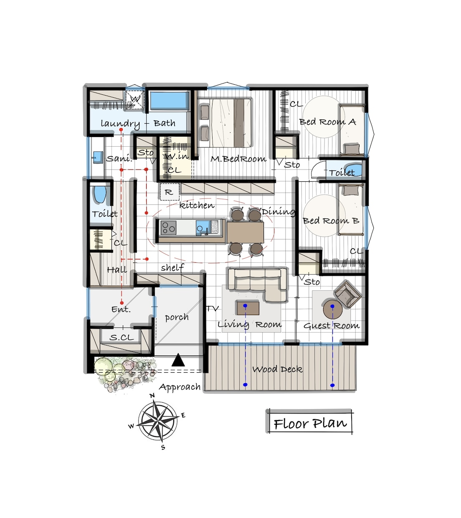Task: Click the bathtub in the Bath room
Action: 170,101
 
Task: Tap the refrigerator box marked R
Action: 170,192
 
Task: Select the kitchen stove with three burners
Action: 168,227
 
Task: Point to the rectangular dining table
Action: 245,232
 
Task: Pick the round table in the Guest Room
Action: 332,309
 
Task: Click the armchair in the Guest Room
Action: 347,294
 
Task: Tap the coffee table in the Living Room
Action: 248,308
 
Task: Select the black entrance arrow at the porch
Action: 178,360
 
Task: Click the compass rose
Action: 158,421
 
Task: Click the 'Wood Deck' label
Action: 277,369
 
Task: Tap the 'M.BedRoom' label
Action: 238,159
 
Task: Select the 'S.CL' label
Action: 122,338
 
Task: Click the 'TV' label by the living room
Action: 213,309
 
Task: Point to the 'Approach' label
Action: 180,388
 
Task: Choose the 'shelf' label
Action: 172,268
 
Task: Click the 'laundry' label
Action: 120,124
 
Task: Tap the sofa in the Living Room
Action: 258,284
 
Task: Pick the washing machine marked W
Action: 135,100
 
